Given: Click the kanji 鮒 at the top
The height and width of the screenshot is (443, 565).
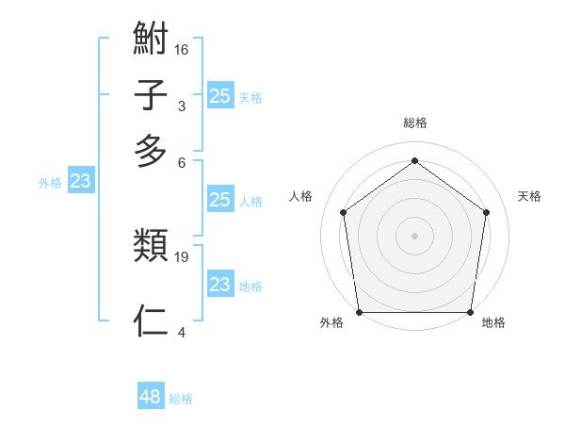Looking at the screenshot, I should click(x=151, y=42).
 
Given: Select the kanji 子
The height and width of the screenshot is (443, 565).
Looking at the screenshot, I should click(x=151, y=97).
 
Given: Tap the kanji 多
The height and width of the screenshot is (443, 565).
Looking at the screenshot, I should click(x=151, y=151).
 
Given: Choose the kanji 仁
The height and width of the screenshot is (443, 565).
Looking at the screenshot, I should click(x=151, y=320).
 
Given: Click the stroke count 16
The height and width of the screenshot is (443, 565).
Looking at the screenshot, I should click(x=182, y=50).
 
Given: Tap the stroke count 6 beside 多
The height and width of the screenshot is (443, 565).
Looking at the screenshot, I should click(x=182, y=161).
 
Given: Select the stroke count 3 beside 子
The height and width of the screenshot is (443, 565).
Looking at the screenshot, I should click(x=182, y=106).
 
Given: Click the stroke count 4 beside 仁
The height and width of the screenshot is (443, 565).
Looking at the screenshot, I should click(x=182, y=331).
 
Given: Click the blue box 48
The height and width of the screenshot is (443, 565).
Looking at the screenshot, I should click(x=151, y=397).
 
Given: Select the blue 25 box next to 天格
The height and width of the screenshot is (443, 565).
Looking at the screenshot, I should click(x=219, y=95).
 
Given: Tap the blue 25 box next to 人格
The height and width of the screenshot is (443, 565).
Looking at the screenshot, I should click(x=219, y=199).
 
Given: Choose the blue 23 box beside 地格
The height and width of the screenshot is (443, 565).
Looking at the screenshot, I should click(x=219, y=284).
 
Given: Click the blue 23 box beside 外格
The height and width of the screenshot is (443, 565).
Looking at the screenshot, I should click(x=80, y=181).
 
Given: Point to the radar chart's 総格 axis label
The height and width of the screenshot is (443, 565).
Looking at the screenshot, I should click(x=414, y=123).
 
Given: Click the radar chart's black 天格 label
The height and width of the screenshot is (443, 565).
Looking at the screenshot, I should click(x=529, y=196).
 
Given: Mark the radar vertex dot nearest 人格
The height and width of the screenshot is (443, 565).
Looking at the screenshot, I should click(x=343, y=212).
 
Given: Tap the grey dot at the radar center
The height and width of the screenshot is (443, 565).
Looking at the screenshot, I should click(x=414, y=235).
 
